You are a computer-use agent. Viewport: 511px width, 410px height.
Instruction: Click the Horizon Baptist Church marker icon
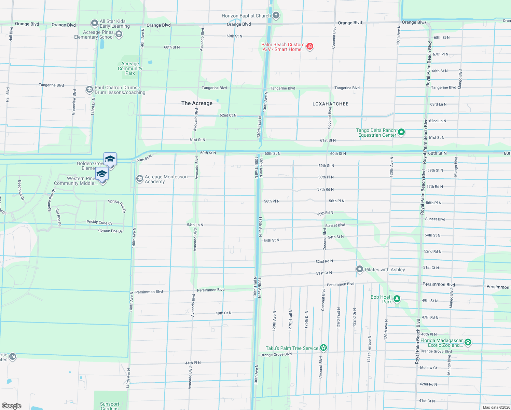coord(276,15)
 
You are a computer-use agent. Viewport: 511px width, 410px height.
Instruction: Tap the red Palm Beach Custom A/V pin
coord(310,46)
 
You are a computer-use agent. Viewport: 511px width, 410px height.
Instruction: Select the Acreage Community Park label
coord(130,68)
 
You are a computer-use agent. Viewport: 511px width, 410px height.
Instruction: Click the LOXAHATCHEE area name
coord(330,104)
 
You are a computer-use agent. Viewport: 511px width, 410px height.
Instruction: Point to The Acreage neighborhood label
coord(197,103)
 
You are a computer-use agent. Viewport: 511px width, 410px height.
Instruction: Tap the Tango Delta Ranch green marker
coord(402,132)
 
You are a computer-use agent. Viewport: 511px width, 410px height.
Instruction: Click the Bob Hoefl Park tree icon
coord(397,299)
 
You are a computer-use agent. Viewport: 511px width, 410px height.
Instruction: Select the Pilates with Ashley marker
coord(360,269)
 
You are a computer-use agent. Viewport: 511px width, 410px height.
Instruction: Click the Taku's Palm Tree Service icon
coord(323,348)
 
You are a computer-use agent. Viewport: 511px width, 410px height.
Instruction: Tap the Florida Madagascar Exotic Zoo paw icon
coord(468,342)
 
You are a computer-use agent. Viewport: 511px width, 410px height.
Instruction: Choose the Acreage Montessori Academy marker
coord(139,179)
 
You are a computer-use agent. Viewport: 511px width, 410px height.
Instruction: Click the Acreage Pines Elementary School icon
coord(119,34)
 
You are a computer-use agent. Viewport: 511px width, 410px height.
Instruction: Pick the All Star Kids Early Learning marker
coord(95,23)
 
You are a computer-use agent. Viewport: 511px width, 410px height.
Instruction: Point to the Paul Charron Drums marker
coord(89,90)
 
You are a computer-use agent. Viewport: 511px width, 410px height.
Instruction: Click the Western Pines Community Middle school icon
coord(102,175)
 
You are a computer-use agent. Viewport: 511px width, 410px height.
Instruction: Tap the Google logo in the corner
coord(11,406)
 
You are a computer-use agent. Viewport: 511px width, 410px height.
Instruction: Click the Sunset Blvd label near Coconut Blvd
coord(335,225)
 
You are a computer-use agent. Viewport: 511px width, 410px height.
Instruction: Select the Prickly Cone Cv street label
coord(99,222)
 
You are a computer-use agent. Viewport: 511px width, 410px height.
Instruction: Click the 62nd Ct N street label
coord(228,115)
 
